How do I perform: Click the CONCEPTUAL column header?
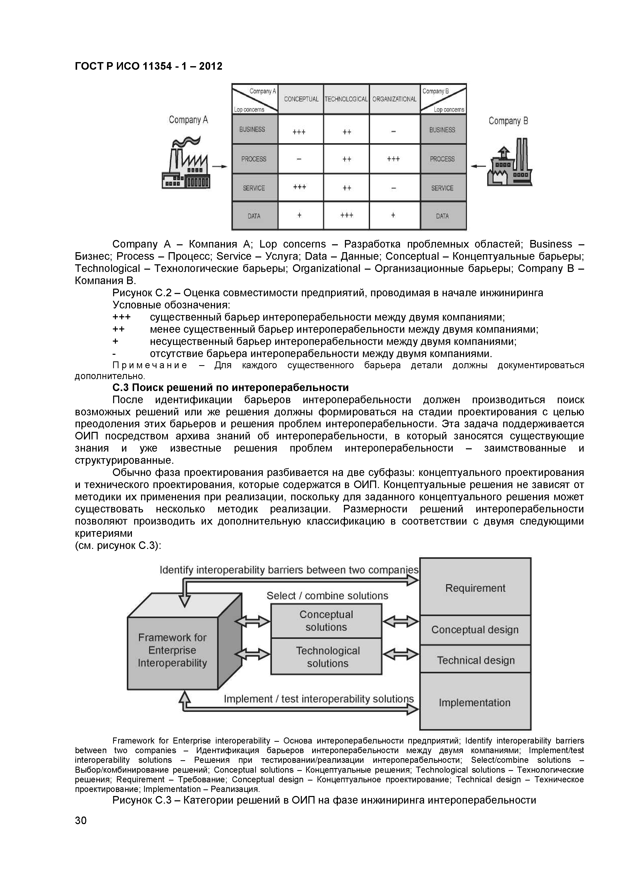point(301,99)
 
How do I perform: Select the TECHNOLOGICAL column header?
point(346,99)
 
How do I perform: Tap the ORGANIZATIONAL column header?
point(394,99)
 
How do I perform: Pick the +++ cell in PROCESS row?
point(393,159)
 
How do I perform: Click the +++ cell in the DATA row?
point(346,215)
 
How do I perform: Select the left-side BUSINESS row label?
point(254,129)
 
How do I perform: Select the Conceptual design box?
point(475,629)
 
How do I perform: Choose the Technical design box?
point(475,660)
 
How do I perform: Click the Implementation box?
point(475,702)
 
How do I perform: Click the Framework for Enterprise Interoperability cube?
point(173,651)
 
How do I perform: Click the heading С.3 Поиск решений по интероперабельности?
point(230,387)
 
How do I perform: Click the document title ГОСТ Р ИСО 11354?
point(148,66)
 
